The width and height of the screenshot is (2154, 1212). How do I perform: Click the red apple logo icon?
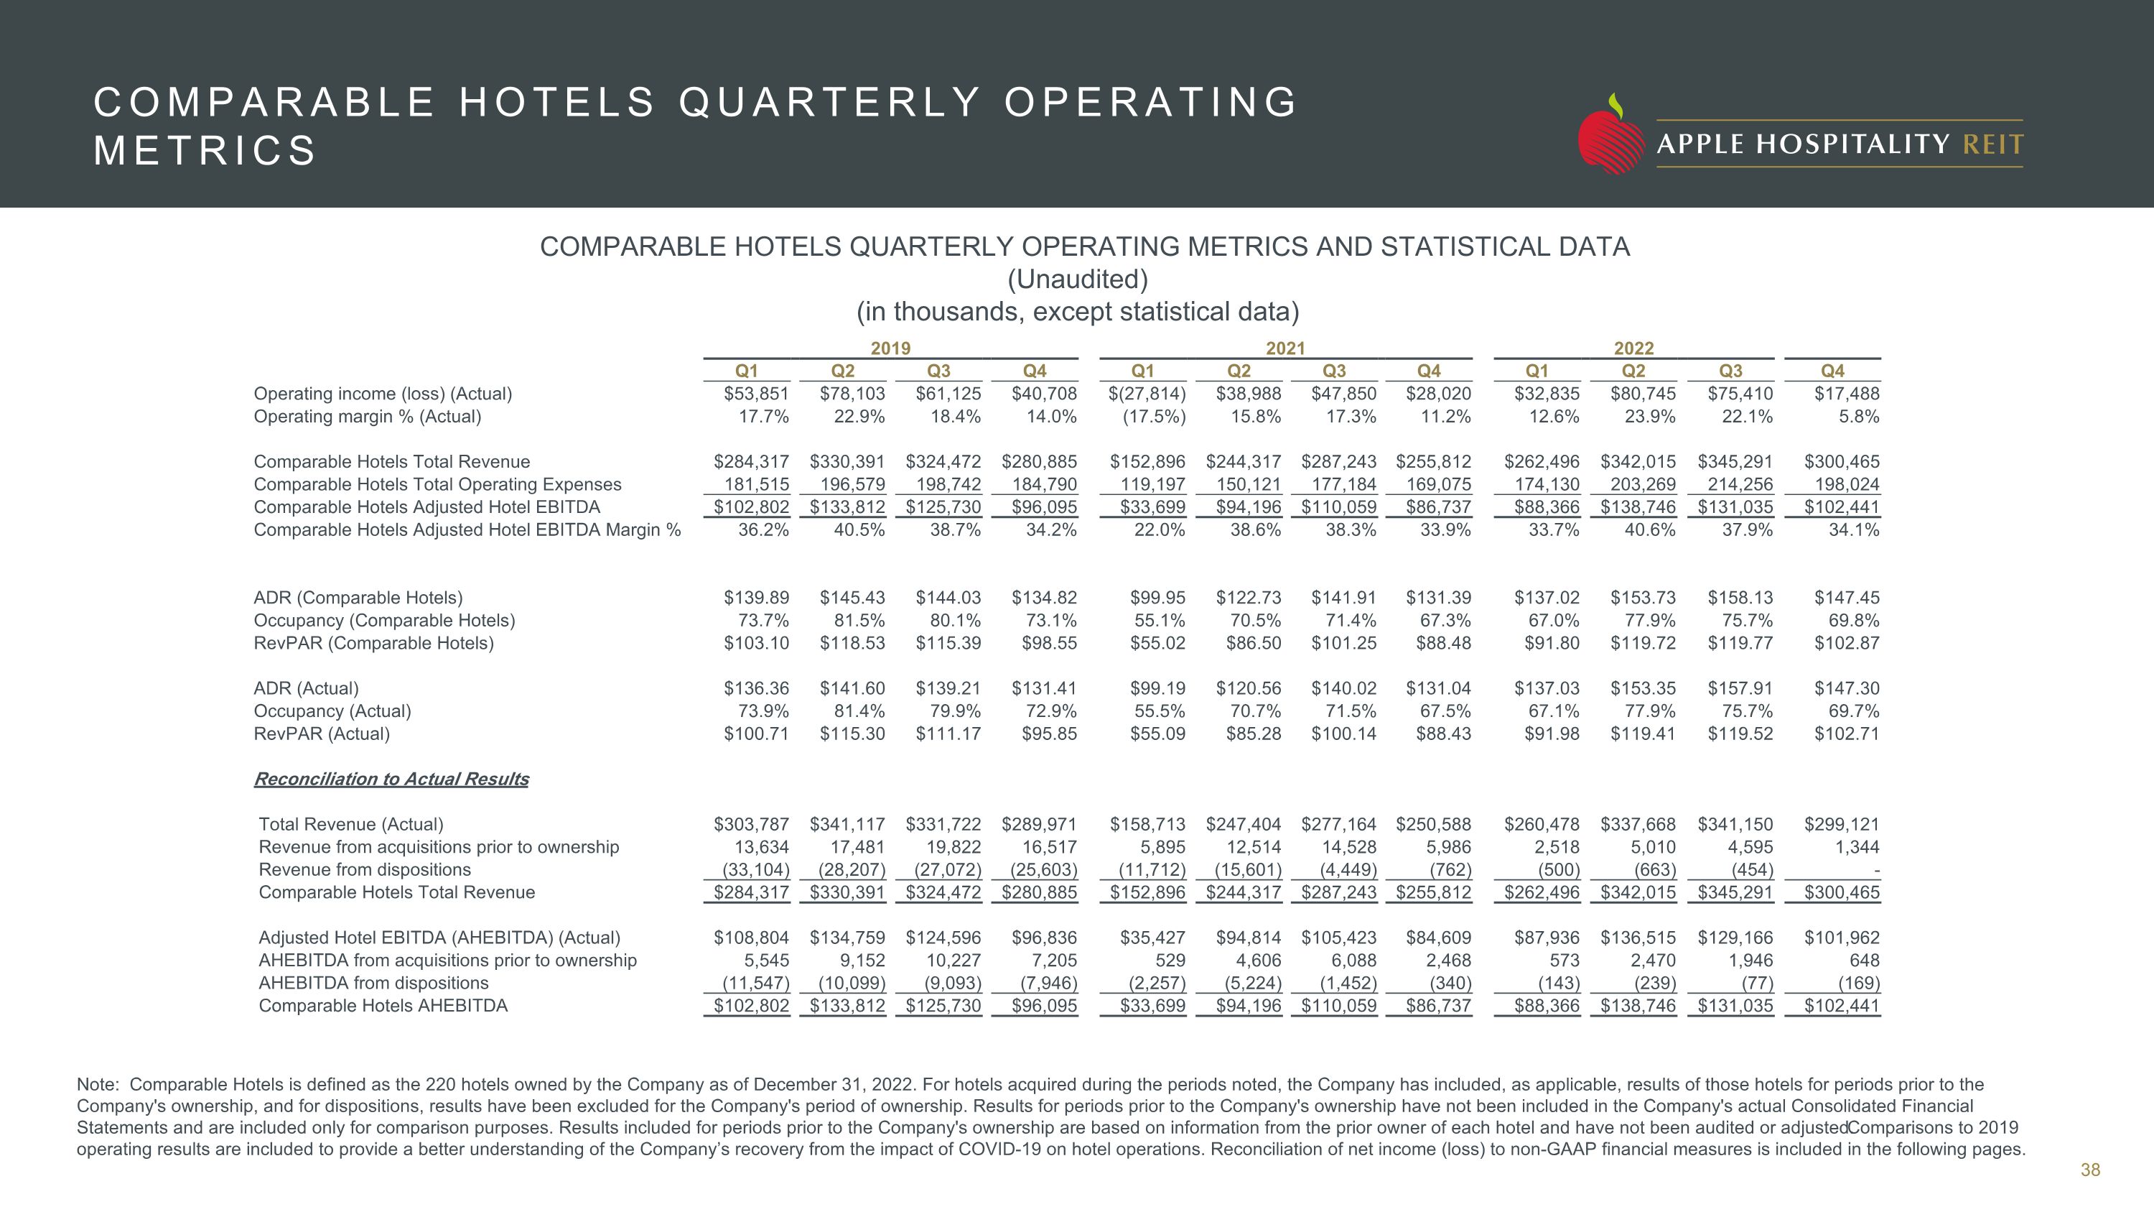[1610, 138]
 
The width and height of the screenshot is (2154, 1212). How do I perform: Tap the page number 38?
[2089, 1170]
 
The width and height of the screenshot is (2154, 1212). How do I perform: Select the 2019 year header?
[890, 348]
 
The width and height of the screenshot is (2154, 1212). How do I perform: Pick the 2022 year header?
[1633, 348]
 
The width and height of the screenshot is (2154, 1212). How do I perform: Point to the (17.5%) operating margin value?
[1153, 417]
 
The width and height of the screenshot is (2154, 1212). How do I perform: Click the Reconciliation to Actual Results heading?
[391, 779]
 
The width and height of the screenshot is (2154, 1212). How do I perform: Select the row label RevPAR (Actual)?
[322, 734]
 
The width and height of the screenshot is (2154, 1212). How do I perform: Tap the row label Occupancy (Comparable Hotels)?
[384, 621]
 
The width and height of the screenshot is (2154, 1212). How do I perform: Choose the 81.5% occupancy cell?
[859, 621]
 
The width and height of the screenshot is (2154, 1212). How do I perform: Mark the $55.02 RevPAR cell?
[1157, 643]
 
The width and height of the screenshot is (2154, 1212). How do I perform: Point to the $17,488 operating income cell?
[1846, 394]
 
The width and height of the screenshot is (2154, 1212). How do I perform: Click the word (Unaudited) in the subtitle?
[1077, 279]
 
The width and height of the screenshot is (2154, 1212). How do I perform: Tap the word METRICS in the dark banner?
[205, 152]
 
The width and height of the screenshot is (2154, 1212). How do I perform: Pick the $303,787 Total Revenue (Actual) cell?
[751, 825]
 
